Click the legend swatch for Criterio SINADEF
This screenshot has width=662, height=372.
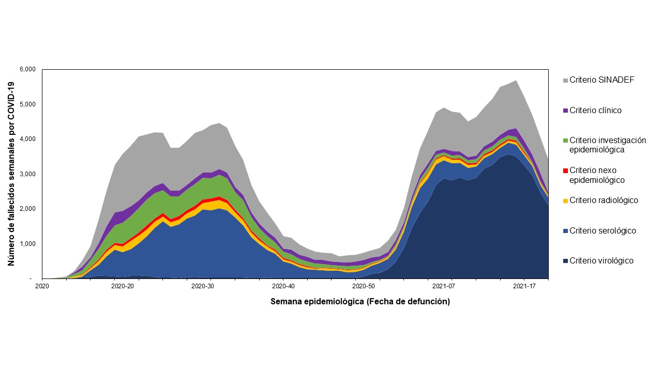click(x=565, y=80)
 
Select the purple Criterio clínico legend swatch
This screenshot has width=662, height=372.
click(x=565, y=111)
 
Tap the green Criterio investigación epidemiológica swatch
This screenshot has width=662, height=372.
click(x=565, y=141)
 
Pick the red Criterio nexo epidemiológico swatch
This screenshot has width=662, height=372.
click(x=565, y=171)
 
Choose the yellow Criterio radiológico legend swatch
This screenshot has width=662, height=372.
click(x=565, y=200)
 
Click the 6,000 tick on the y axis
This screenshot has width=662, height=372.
click(x=27, y=70)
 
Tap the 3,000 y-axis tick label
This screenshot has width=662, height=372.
click(x=27, y=174)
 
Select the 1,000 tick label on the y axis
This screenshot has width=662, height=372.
click(x=27, y=244)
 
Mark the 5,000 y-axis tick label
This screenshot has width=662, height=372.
click(x=27, y=104)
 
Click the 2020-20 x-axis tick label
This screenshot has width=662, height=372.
click(x=123, y=286)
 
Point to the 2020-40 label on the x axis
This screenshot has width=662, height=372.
click(x=283, y=286)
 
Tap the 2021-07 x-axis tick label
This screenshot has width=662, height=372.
click(x=444, y=286)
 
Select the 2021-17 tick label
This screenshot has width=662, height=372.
click(x=524, y=286)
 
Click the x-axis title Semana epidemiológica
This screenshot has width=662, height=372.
click(x=360, y=302)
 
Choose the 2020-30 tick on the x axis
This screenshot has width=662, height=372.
click(x=203, y=286)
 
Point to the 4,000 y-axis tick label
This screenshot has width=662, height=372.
click(x=27, y=139)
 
